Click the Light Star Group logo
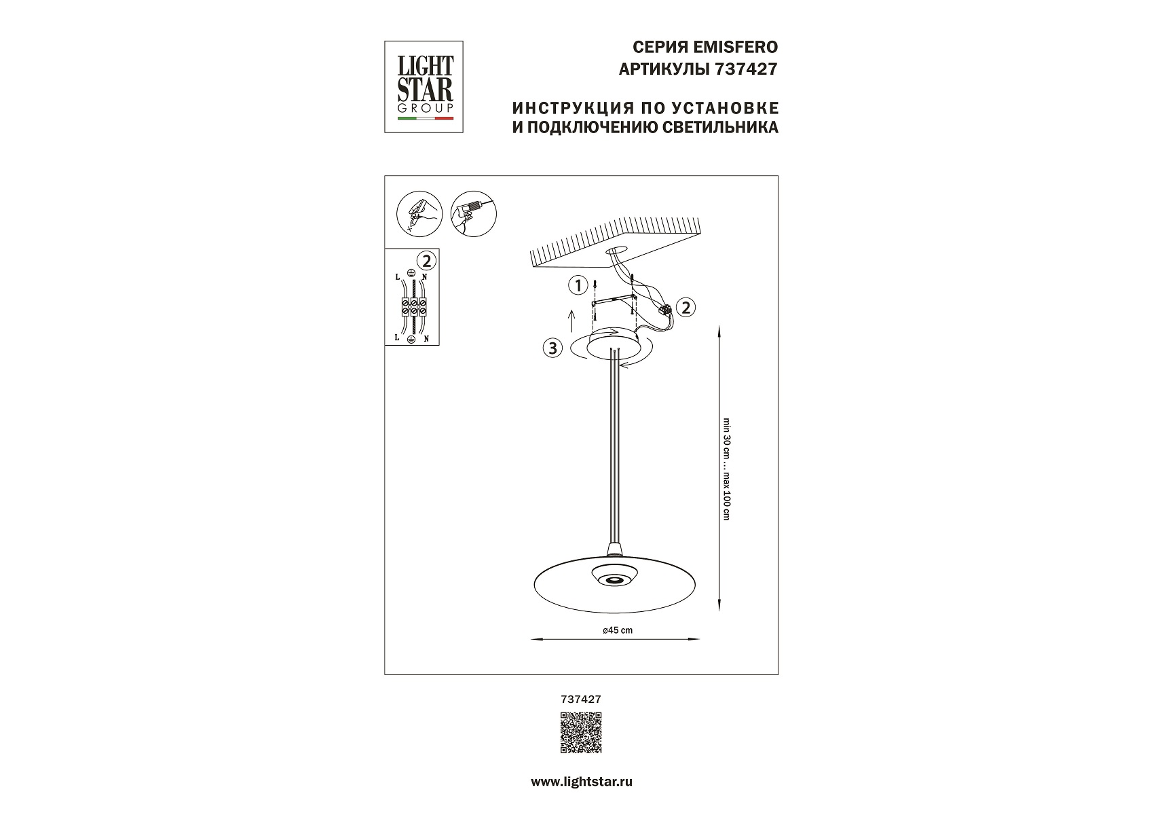[424, 87]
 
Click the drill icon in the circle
[474, 213]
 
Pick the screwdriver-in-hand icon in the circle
[419, 213]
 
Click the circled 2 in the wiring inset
[426, 260]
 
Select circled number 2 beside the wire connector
[686, 307]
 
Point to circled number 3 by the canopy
[553, 348]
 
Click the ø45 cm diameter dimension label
[617, 630]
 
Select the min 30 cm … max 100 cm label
[726, 468]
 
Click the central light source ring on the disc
[616, 579]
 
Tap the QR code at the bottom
[581, 732]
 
